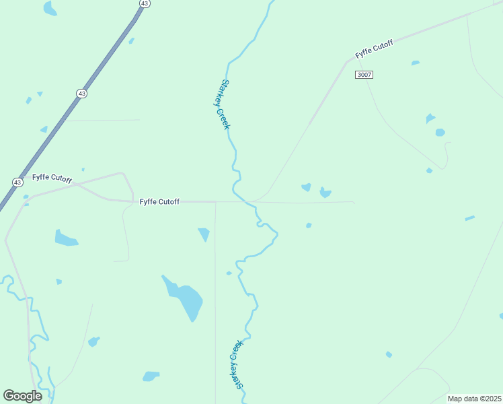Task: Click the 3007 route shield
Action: click(x=364, y=75)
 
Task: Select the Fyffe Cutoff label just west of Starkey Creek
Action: click(x=159, y=201)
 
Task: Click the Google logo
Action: click(x=23, y=396)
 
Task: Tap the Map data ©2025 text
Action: click(x=474, y=399)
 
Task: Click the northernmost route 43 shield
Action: click(x=145, y=3)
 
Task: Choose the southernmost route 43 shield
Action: click(x=17, y=182)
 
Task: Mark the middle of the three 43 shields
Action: click(x=81, y=94)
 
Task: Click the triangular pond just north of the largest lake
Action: click(x=204, y=234)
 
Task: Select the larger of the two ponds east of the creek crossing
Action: click(x=325, y=193)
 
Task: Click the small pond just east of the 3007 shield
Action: click(x=416, y=63)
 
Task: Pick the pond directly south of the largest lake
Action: click(x=151, y=376)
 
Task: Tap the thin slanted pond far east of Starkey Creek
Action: click(x=469, y=218)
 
